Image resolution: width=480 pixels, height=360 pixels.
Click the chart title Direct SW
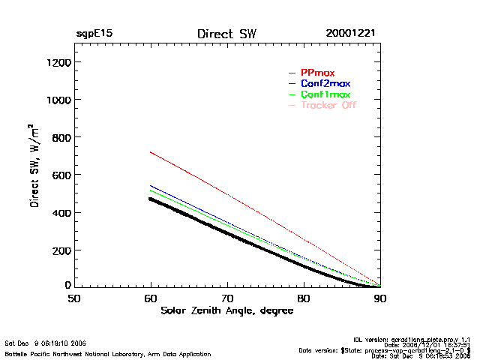click(x=227, y=34)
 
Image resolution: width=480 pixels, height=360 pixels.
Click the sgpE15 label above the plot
click(x=94, y=34)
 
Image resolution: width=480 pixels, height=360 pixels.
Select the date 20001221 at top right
click(x=351, y=34)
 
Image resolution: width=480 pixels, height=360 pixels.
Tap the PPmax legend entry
click(x=317, y=73)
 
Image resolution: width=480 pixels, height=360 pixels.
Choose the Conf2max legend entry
click(x=325, y=83)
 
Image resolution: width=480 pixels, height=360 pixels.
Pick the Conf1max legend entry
click(x=325, y=94)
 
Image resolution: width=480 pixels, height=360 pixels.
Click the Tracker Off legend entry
click(x=328, y=105)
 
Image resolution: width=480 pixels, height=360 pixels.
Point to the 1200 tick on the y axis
click(x=58, y=62)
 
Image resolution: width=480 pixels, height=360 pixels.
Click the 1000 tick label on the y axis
click(x=58, y=100)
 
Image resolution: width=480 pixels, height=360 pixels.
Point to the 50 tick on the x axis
click(x=74, y=298)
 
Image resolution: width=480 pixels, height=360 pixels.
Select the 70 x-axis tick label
click(x=227, y=298)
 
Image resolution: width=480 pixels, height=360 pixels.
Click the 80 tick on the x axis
click(x=304, y=298)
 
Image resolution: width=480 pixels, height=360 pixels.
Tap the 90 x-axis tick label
click(x=380, y=298)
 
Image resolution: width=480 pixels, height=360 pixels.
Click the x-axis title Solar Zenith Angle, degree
click(x=226, y=310)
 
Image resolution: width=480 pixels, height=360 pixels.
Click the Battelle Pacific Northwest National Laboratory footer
click(x=107, y=353)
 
